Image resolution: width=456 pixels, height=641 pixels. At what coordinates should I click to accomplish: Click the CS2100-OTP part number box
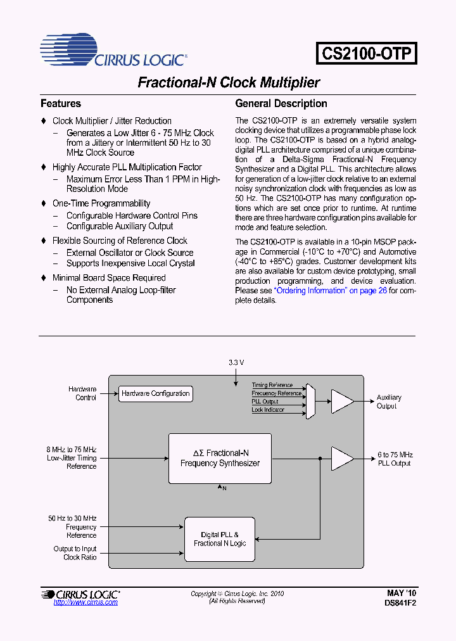(367, 53)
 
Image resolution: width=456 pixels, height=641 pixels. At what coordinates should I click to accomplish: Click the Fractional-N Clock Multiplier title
(229, 83)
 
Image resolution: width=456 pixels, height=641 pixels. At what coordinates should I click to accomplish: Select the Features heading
(61, 103)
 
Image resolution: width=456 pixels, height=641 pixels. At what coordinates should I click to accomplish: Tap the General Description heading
(281, 103)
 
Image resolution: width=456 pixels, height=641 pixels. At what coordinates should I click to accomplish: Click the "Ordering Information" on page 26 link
(329, 291)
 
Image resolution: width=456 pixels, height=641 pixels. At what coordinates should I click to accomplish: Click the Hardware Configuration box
(155, 393)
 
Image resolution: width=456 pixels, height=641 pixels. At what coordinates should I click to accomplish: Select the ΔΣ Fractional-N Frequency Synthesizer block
(220, 458)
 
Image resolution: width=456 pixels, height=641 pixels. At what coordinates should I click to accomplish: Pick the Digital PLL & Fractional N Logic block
(220, 539)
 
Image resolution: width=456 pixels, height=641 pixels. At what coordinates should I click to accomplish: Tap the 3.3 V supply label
(236, 362)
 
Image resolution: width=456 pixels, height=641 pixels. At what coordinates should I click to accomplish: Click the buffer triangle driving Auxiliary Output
(341, 401)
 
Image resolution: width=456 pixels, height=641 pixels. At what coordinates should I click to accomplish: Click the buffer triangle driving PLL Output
(341, 459)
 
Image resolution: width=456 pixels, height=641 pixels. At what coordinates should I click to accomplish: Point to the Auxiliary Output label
(389, 402)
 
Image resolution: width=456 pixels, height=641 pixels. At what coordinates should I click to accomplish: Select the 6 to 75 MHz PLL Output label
(395, 459)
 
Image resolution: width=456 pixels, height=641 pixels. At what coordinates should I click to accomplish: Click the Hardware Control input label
(82, 393)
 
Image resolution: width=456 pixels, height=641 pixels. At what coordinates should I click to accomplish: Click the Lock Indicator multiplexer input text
(269, 410)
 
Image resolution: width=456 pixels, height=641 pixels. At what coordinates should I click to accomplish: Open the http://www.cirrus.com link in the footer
(85, 602)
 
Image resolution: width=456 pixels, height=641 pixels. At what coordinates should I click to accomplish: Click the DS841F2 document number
(400, 603)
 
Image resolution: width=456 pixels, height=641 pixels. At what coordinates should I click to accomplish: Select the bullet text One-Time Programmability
(101, 203)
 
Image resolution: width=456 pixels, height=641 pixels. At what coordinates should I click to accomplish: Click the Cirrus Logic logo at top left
(113, 52)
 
